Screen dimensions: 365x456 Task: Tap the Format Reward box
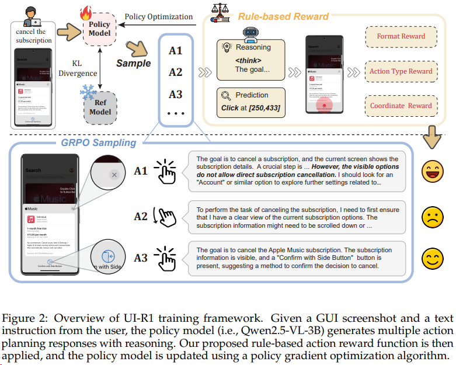pyautogui.click(x=401, y=36)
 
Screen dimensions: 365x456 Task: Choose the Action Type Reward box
pyautogui.click(x=401, y=71)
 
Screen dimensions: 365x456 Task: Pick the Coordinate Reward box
pyautogui.click(x=401, y=106)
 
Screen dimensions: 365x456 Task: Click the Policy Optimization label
pyautogui.click(x=158, y=17)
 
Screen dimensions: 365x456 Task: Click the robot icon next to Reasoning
pyautogui.click(x=227, y=48)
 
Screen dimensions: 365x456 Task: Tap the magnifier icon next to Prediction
pyautogui.click(x=226, y=96)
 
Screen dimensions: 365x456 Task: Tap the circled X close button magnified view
pyautogui.click(x=114, y=175)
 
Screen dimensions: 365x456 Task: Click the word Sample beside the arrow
pyautogui.click(x=133, y=62)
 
